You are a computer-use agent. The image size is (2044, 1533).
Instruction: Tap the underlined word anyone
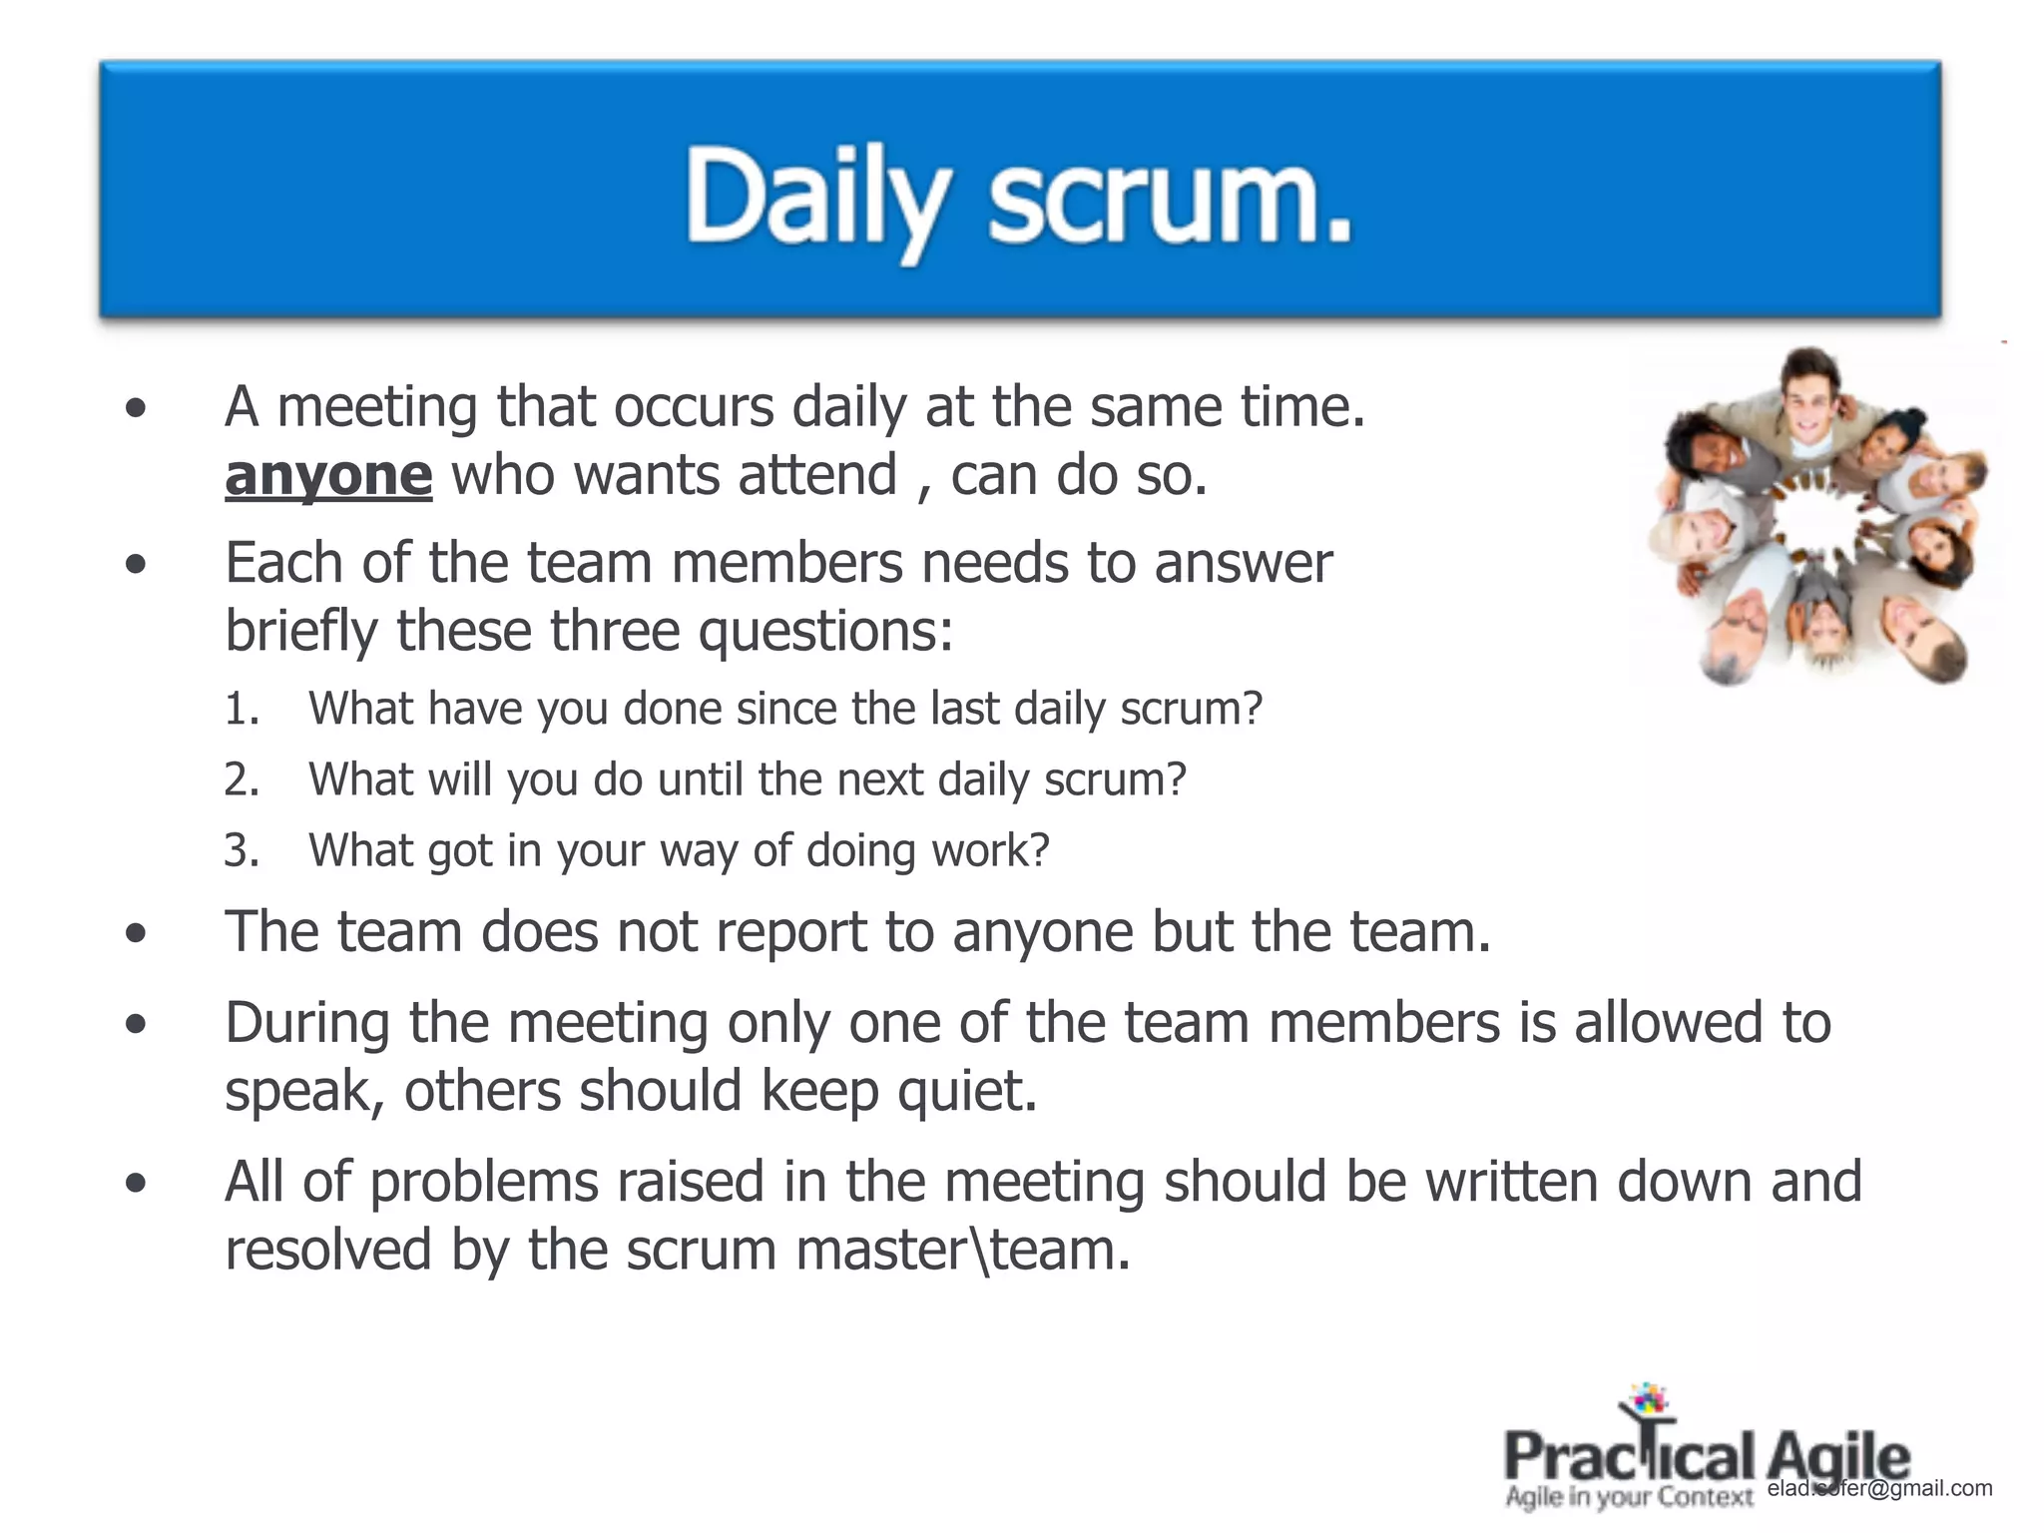pyautogui.click(x=328, y=475)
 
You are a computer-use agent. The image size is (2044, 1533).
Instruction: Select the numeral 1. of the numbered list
pyautogui.click(x=242, y=709)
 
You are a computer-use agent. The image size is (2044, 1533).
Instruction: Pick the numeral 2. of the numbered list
pyautogui.click(x=242, y=779)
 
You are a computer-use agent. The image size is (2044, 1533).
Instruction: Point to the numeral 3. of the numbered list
pyautogui.click(x=242, y=850)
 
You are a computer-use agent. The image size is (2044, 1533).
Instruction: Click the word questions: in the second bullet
pyautogui.click(x=825, y=632)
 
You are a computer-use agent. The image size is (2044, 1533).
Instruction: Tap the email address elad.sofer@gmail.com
pyautogui.click(x=1879, y=1488)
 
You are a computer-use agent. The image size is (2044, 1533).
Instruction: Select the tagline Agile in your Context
pyautogui.click(x=1629, y=1497)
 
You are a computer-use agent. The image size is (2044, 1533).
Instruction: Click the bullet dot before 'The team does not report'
pyautogui.click(x=137, y=934)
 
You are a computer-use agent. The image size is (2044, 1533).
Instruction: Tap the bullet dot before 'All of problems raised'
pyautogui.click(x=137, y=1184)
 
